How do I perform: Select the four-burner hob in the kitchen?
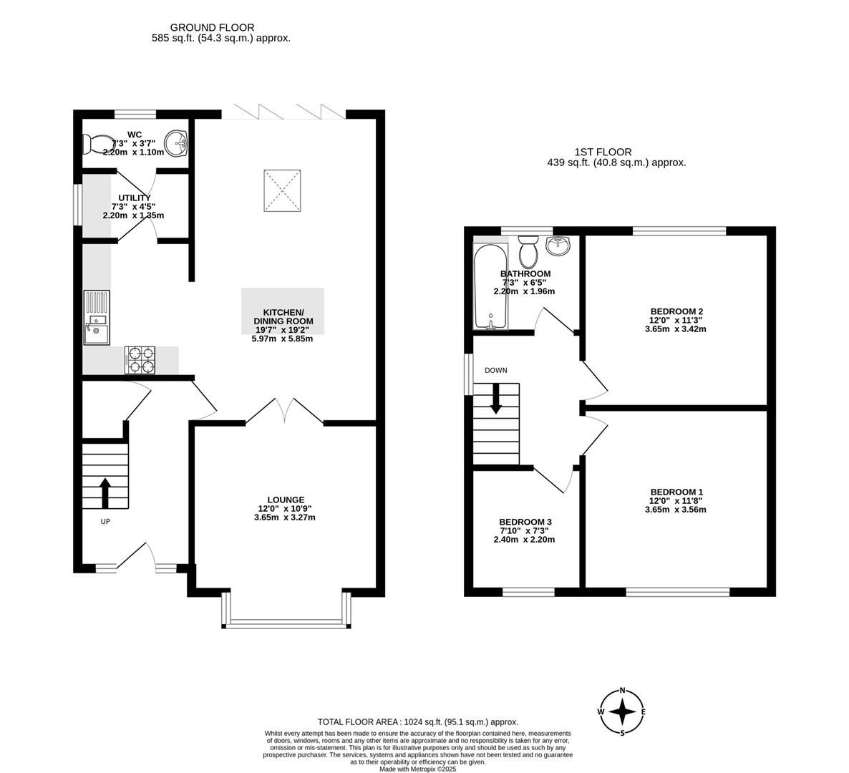point(140,359)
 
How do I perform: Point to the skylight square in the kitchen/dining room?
point(283,190)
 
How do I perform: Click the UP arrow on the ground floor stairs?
point(105,492)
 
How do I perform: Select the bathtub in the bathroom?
point(490,286)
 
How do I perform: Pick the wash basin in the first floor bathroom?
point(558,246)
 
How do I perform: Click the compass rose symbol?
point(623,711)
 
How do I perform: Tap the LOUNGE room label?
point(286,500)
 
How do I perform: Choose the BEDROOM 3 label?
point(525,522)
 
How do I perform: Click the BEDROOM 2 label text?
point(676,311)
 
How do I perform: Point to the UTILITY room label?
point(135,198)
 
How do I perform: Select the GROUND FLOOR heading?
point(221,27)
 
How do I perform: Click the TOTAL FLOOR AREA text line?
point(417,722)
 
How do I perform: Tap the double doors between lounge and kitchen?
point(285,410)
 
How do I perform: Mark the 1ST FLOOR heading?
point(603,152)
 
